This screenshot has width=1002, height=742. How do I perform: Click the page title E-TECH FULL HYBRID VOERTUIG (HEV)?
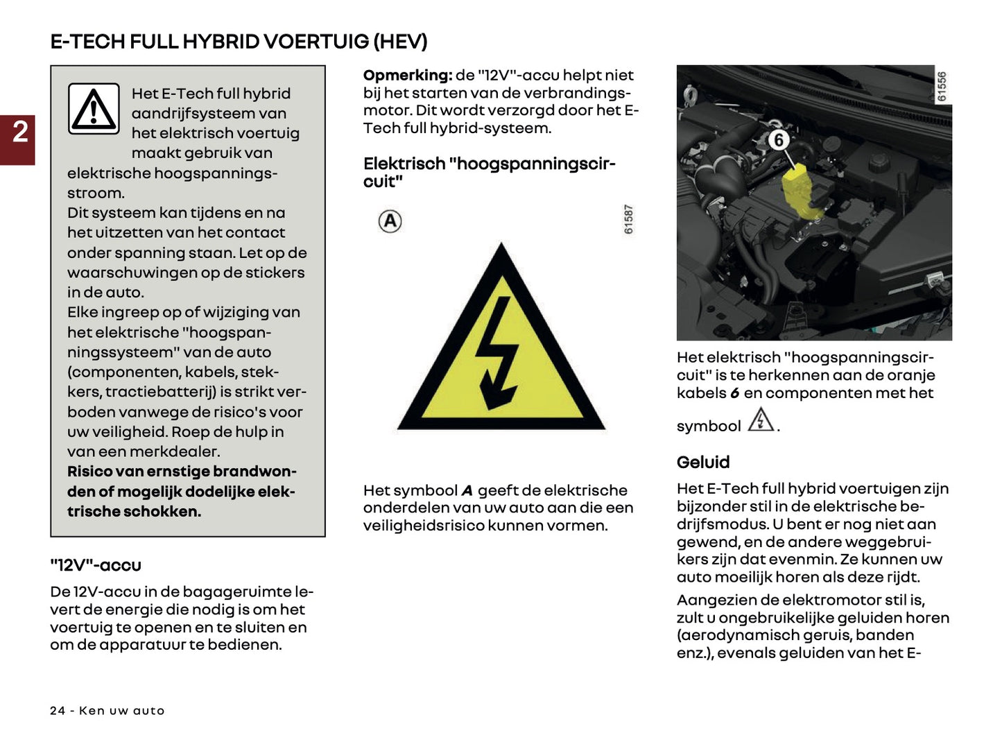tap(239, 42)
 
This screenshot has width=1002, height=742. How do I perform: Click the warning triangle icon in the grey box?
tap(94, 109)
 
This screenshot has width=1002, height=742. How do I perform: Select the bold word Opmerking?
tap(407, 76)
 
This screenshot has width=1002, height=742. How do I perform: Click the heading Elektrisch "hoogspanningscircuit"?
tap(488, 173)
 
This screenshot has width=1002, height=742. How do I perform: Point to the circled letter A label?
tap(390, 222)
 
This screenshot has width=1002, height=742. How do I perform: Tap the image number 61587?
tap(628, 219)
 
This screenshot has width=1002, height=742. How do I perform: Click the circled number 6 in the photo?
tap(778, 141)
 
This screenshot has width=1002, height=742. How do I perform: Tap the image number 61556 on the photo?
tap(941, 87)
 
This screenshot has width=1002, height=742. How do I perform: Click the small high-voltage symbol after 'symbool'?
tap(761, 420)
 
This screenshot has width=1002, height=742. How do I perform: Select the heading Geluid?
tap(702, 463)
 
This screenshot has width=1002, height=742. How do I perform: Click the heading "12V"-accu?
tap(95, 566)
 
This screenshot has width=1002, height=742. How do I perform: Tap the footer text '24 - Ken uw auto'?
tap(107, 711)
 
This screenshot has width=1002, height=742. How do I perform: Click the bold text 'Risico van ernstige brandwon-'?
tap(182, 472)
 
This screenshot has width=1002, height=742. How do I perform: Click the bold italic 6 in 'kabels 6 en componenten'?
tap(734, 393)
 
